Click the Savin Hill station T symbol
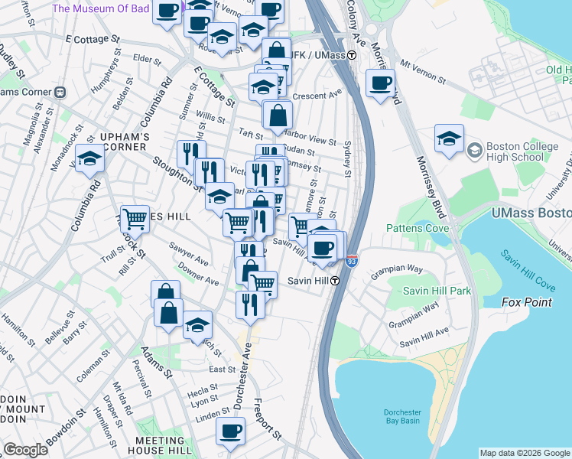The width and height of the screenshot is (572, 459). (x=334, y=280)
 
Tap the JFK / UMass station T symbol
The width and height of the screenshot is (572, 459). (x=352, y=55)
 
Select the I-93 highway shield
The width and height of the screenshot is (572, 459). (x=352, y=262)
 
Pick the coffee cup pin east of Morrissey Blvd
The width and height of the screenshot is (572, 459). (x=379, y=83)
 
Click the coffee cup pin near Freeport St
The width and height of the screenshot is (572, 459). (x=230, y=431)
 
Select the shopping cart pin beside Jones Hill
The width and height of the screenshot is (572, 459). (x=135, y=219)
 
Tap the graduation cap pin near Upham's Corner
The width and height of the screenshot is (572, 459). (x=90, y=159)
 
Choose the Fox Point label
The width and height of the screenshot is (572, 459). (x=526, y=302)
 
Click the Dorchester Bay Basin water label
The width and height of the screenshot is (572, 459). (x=402, y=417)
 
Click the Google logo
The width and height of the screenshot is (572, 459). (x=25, y=450)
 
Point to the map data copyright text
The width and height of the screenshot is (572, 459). (x=525, y=453)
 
